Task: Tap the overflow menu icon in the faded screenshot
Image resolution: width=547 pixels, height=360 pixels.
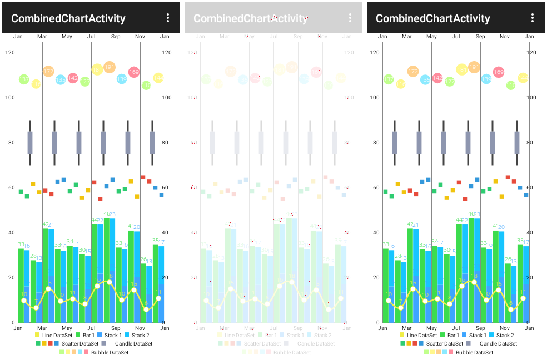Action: click(x=350, y=18)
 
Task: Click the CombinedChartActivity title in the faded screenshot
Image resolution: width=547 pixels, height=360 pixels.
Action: click(x=251, y=18)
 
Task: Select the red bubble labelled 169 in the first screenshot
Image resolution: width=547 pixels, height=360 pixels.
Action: click(x=134, y=72)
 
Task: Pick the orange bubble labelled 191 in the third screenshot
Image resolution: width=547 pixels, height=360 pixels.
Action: click(x=474, y=67)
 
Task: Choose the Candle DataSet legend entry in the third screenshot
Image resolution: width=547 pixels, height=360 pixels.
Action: click(x=495, y=343)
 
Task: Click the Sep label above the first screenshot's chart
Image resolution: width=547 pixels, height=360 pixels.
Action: click(x=116, y=37)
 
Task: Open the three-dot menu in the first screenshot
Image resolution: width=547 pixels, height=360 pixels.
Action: click(x=168, y=18)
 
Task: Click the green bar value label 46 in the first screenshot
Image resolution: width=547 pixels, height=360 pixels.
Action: click(x=106, y=214)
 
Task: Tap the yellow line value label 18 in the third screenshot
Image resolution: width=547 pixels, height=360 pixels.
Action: click(x=474, y=276)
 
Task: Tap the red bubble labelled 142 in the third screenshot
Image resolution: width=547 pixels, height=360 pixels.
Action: click(x=437, y=78)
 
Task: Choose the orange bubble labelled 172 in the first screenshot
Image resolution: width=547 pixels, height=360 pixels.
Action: click(x=48, y=72)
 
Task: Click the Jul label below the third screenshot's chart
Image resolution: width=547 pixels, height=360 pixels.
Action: click(x=456, y=328)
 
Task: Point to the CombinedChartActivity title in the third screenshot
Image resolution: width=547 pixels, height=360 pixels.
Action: click(x=433, y=18)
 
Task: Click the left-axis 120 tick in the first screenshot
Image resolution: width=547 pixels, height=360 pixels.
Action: click(x=9, y=53)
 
